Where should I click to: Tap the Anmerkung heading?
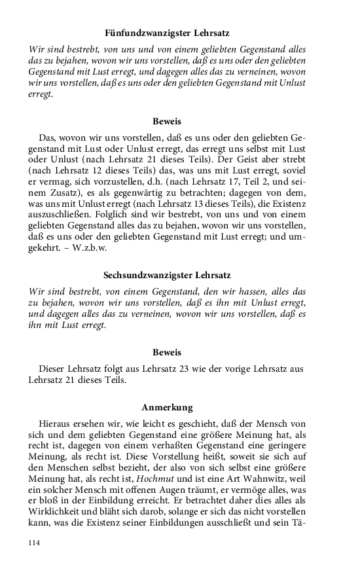pos(167,407)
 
